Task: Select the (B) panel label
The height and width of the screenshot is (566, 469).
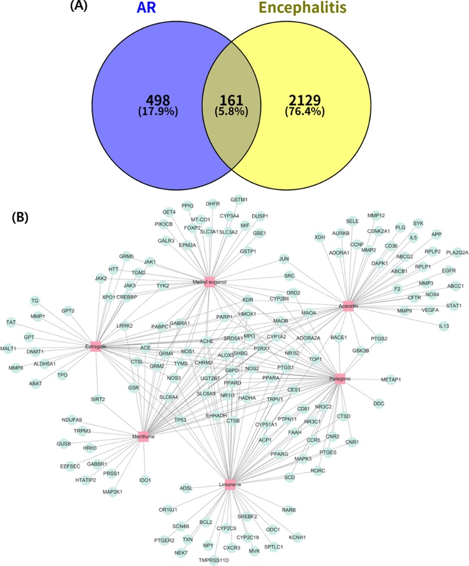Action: point(24,219)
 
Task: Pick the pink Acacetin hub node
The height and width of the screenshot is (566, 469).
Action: point(348,305)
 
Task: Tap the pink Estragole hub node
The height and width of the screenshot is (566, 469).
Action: point(96,346)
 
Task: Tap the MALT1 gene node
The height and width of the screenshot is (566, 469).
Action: point(8,347)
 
